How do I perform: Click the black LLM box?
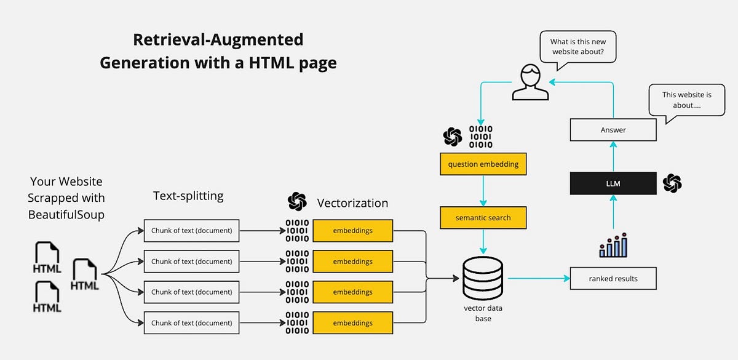pos(613,183)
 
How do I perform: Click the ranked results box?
pos(613,278)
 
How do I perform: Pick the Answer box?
pos(613,130)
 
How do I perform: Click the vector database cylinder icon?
pos(483,278)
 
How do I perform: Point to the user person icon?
pos(530,84)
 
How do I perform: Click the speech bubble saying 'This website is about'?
pos(686,101)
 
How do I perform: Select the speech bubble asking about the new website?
pos(577,47)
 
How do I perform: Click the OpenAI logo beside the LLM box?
pos(672,183)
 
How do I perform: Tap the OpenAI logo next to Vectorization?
pos(297,202)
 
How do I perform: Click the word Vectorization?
pos(352,202)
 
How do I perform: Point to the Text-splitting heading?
pos(188,196)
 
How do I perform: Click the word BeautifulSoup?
pos(66,215)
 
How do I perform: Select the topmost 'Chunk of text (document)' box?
pos(191,231)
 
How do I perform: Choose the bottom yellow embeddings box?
pos(352,322)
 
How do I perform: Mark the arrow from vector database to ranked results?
pos(539,278)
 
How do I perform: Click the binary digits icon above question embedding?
pos(480,137)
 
